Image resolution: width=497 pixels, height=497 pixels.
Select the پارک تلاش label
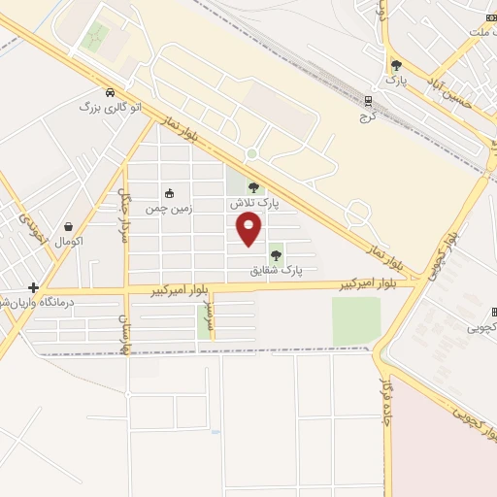click(x=253, y=205)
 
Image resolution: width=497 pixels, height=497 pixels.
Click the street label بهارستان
click(x=123, y=328)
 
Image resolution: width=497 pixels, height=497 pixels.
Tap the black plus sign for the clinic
click(x=33, y=287)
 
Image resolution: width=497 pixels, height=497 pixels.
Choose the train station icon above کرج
click(x=367, y=100)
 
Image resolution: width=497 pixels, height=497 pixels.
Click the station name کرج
click(x=367, y=116)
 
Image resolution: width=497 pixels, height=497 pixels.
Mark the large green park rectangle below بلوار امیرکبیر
click(x=356, y=320)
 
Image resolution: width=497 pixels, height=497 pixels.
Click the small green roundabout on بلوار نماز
click(x=251, y=153)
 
